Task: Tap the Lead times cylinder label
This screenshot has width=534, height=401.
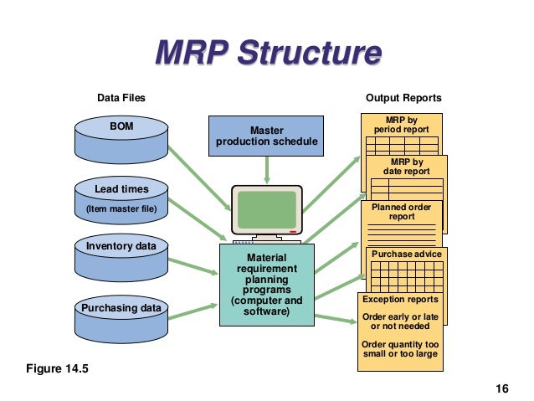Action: point(121,189)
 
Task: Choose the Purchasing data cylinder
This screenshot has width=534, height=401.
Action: point(121,317)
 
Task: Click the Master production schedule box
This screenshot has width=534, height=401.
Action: point(266,136)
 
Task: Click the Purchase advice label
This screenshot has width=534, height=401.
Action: point(405,254)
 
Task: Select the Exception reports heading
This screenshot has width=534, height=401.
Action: point(400,300)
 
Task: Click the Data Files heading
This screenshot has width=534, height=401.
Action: point(121,98)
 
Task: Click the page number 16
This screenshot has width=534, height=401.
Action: point(502,388)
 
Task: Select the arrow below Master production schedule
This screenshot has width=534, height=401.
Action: point(267,169)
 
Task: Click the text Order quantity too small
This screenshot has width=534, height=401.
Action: point(400,348)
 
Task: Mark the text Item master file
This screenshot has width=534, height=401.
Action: point(121,208)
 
